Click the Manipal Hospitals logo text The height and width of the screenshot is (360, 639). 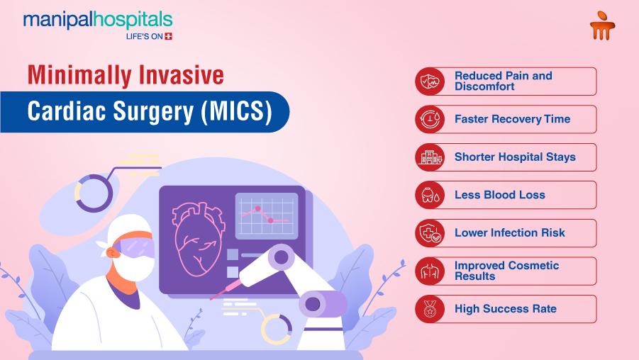click(98, 21)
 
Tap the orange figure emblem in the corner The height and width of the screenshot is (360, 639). click(602, 26)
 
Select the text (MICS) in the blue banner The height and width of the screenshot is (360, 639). click(236, 111)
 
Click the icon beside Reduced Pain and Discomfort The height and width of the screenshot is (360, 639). click(430, 81)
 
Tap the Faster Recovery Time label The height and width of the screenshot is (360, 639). click(512, 119)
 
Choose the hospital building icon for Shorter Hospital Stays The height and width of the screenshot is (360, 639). click(430, 157)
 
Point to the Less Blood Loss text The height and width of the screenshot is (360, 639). click(499, 195)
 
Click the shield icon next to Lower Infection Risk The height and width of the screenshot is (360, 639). click(430, 233)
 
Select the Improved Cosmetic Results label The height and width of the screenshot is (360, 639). click(506, 271)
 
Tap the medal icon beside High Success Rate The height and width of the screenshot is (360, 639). click(430, 309)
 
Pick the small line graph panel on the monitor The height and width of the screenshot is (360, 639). click(267, 216)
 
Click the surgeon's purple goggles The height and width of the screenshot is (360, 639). click(135, 247)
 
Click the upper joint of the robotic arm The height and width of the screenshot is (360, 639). click(281, 257)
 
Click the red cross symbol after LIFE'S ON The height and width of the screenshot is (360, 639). click(168, 36)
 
